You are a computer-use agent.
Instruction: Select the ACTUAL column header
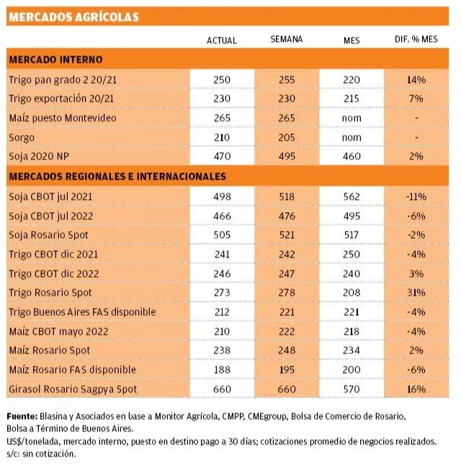(221, 40)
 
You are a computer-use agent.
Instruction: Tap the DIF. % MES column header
(416, 40)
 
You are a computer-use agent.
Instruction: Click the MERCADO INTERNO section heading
(55, 59)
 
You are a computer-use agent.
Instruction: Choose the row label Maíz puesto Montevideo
(62, 118)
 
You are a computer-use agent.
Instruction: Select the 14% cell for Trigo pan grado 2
(416, 79)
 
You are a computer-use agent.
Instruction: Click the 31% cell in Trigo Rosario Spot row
(416, 292)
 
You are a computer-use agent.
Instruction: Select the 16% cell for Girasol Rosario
(416, 389)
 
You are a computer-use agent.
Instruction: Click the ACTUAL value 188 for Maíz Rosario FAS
(221, 370)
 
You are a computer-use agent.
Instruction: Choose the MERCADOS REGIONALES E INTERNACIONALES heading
(118, 176)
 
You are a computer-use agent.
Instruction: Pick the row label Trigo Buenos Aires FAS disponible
(81, 312)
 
